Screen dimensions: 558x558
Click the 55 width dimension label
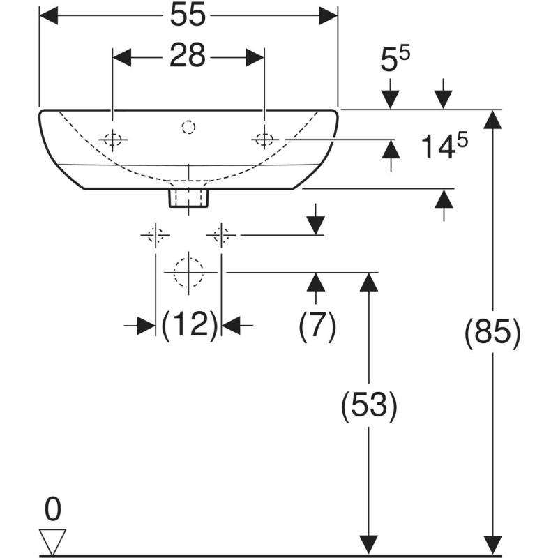click(188, 15)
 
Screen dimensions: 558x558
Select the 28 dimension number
click(188, 56)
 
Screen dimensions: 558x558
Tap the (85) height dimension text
click(492, 333)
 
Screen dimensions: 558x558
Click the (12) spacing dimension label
click(189, 324)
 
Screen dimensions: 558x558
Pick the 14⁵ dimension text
click(444, 145)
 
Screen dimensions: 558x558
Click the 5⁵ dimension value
click(395, 59)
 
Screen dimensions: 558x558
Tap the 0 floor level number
click(53, 509)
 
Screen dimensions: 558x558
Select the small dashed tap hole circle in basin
click(188, 127)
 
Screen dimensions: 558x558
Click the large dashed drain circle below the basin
click(188, 273)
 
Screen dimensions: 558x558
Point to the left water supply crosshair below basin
click(155, 235)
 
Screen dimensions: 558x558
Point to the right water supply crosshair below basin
click(221, 235)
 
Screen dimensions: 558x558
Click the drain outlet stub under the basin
click(188, 198)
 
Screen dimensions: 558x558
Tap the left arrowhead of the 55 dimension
click(48, 15)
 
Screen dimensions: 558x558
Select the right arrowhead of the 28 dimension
click(255, 57)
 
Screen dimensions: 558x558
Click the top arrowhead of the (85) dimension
click(492, 119)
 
